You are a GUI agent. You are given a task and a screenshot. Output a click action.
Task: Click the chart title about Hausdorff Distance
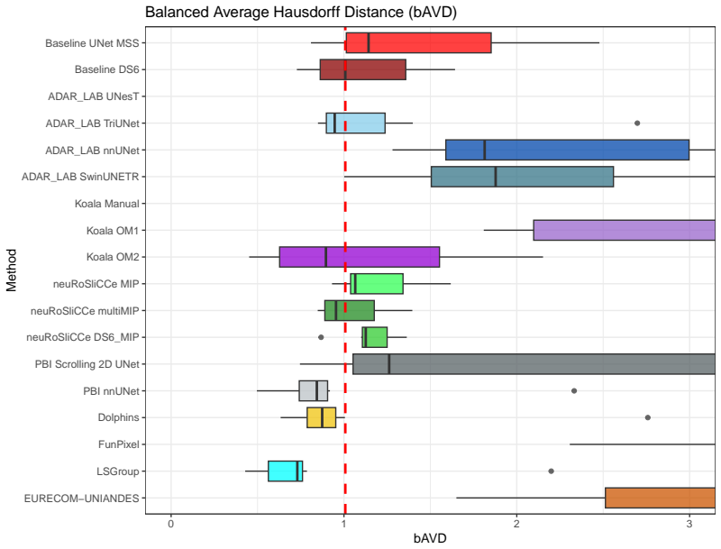pos(301,12)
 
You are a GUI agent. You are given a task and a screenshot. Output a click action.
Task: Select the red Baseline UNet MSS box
pos(418,42)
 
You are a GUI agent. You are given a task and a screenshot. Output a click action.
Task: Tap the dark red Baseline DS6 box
pos(363,69)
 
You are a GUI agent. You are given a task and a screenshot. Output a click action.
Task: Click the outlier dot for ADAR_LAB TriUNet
pos(637,124)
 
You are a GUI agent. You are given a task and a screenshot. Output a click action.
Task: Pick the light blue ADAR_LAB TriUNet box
pos(355,124)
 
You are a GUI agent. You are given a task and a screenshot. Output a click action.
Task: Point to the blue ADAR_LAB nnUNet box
pos(568,150)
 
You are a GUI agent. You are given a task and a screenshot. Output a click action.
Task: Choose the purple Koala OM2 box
pos(360,257)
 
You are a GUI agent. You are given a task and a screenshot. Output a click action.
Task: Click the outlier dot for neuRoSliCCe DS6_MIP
pos(321,337)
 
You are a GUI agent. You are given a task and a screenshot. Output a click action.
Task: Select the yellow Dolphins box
pos(322,417)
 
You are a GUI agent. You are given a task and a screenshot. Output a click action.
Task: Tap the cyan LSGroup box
pos(286,471)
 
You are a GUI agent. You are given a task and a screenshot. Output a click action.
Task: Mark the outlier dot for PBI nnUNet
pos(574,391)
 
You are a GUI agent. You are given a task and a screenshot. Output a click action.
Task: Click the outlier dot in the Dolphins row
pos(648,417)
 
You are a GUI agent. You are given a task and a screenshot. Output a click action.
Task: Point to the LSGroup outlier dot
pos(552,471)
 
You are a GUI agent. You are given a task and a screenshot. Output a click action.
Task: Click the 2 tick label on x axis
pos(516,524)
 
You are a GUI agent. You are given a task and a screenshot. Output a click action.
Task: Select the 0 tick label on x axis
pos(171,524)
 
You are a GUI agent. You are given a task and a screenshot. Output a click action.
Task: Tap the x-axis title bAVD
pos(430,538)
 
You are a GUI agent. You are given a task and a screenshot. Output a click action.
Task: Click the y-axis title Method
pos(11,270)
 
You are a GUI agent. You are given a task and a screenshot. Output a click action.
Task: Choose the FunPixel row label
pos(119,444)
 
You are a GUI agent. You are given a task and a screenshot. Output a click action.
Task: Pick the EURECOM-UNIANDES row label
pos(81,498)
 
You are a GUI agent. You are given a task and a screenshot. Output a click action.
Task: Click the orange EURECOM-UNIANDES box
pos(661,498)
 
